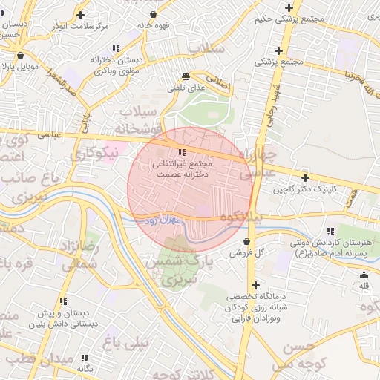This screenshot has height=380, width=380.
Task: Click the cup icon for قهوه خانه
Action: [154, 14]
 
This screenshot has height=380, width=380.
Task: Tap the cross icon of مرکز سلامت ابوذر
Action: [80, 15]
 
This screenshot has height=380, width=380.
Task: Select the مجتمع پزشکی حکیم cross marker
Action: [289, 8]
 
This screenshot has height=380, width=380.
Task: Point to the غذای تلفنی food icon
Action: [185, 76]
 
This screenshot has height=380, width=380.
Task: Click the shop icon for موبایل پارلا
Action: [20, 55]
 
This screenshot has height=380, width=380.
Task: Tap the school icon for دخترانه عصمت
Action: [183, 152]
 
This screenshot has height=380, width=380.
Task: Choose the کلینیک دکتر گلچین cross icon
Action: [305, 178]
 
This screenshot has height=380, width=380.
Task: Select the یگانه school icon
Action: [84, 357]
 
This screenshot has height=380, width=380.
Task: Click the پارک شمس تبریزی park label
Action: [178, 272]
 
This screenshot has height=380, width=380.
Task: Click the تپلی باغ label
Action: [125, 341]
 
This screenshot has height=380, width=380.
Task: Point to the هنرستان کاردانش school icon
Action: [330, 231]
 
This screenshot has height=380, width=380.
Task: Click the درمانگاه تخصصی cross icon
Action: [255, 286]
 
